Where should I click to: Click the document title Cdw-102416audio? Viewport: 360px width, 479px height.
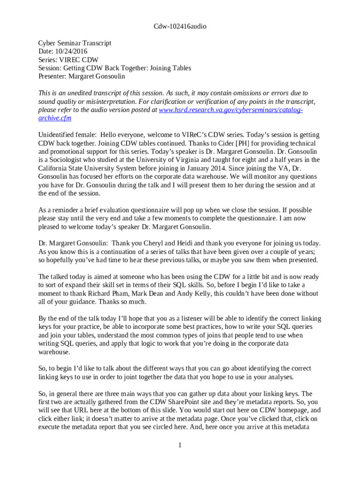[180, 26]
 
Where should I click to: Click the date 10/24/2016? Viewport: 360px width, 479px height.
[71, 51]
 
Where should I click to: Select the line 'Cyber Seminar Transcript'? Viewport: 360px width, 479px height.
[75, 43]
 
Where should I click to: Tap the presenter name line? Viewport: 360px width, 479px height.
[82, 76]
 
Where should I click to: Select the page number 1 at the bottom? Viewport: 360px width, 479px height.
[180, 444]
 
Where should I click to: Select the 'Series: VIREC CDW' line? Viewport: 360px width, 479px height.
[68, 59]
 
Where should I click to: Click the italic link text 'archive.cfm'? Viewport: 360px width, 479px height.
[55, 118]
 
